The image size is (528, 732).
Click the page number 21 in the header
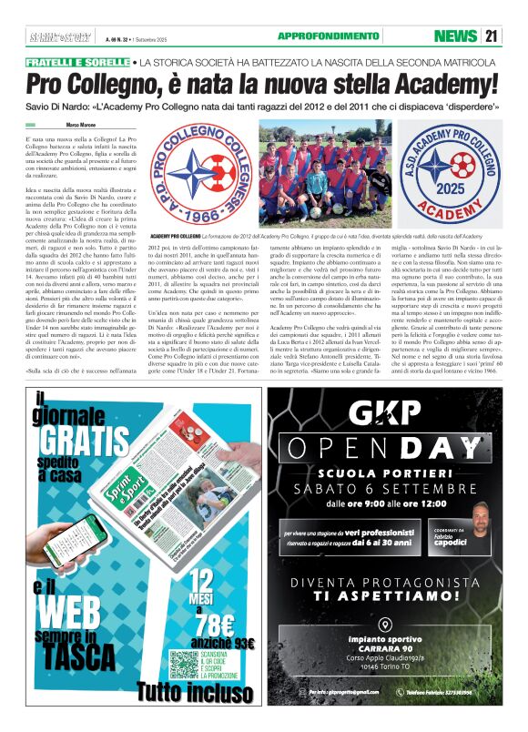(x=491, y=36)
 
